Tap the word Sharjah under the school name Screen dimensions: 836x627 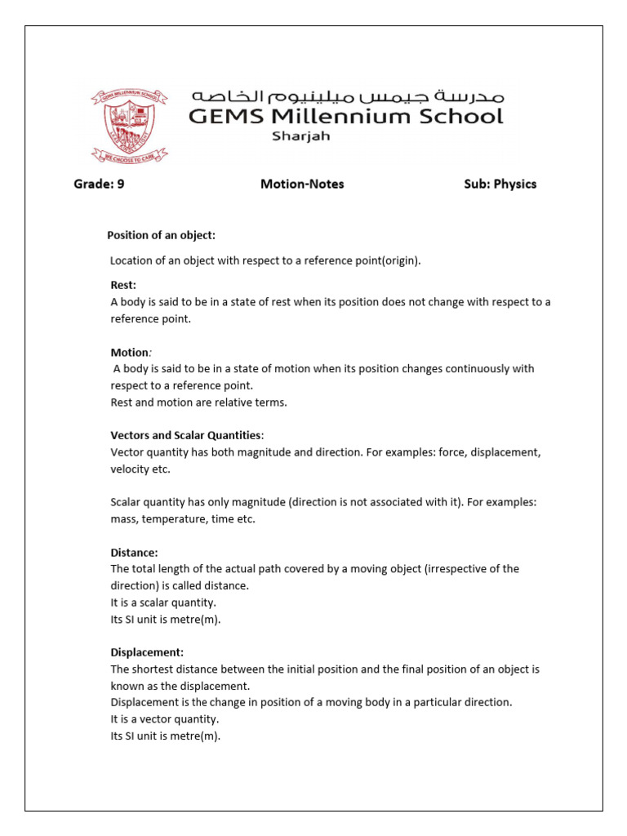[x=300, y=136]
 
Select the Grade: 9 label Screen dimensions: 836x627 [x=99, y=185]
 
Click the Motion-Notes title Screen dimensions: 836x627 [x=302, y=185]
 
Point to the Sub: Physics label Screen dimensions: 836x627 [x=500, y=185]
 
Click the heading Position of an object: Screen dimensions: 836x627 [x=162, y=235]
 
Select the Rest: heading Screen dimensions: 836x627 [x=123, y=285]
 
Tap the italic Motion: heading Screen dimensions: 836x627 [x=131, y=352]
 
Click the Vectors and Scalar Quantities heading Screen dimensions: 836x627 [x=187, y=435]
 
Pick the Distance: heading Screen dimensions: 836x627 [x=134, y=553]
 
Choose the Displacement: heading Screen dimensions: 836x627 [x=147, y=652]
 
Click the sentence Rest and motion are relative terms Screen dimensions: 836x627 [x=199, y=402]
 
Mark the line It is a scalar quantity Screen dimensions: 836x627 [x=163, y=603]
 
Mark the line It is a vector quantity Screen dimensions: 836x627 [x=164, y=719]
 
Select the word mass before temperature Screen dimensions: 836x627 [x=125, y=519]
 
